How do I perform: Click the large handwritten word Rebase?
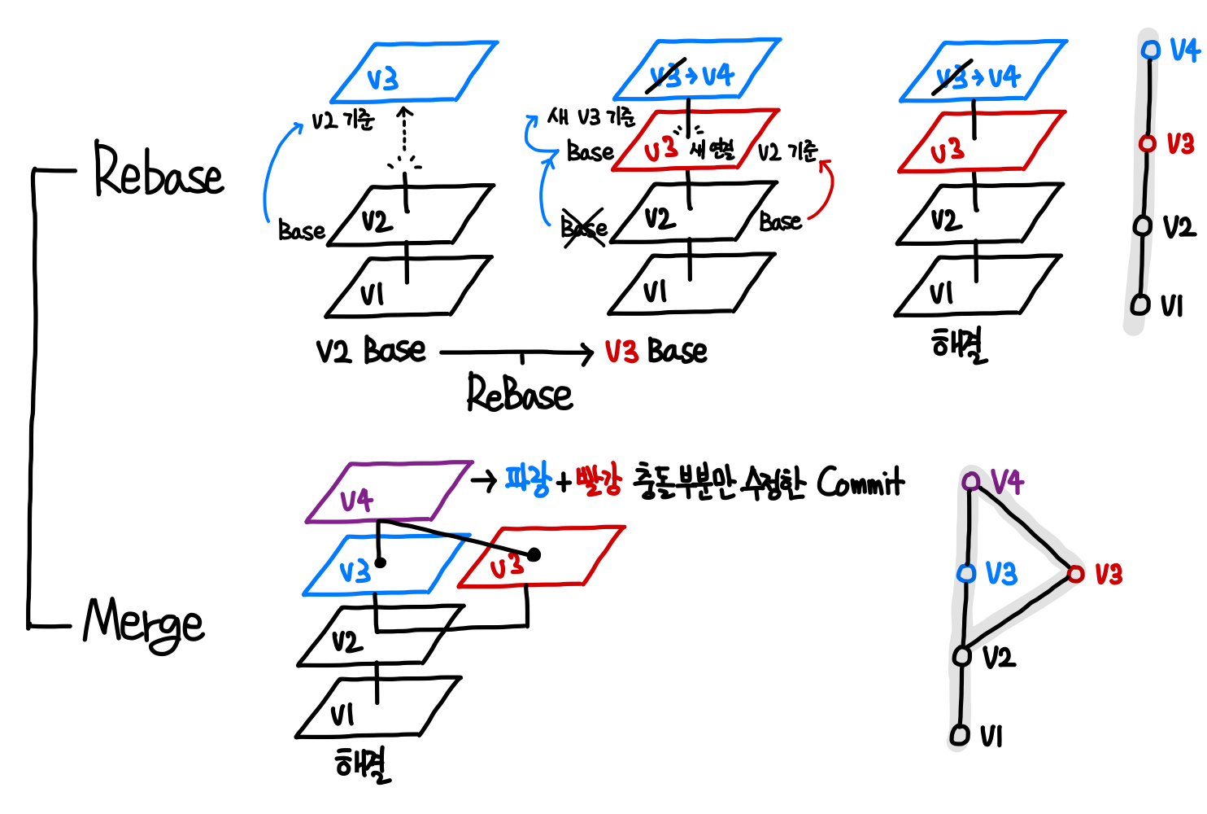[158, 172]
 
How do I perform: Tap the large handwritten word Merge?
[144, 624]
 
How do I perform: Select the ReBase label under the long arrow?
[519, 393]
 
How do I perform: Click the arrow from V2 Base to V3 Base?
[516, 352]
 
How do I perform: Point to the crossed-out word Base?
[584, 226]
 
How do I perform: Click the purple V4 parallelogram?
[388, 492]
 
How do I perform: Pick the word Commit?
[860, 482]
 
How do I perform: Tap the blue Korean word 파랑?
[527, 480]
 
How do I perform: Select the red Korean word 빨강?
[598, 480]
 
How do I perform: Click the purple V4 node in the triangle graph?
[970, 481]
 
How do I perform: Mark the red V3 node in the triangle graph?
[1076, 575]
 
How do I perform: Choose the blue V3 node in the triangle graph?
[966, 574]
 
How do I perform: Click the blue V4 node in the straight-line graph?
[1150, 50]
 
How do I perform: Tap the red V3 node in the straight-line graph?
[1147, 144]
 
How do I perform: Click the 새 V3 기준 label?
[591, 118]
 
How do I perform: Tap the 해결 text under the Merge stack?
[363, 764]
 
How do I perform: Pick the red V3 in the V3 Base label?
[621, 352]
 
